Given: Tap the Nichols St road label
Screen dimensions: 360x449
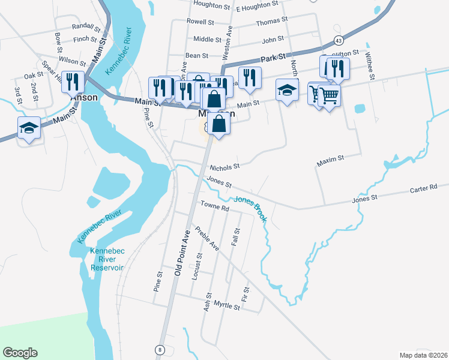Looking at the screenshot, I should coord(224,166).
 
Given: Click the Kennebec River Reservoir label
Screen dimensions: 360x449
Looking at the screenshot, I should coord(106,259).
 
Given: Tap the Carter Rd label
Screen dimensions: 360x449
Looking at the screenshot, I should coord(424,188).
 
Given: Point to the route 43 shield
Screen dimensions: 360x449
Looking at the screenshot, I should coord(339,40).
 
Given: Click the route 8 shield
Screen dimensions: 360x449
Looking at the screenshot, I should coord(160,349).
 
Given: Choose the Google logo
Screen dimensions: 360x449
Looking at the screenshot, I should coord(20,353).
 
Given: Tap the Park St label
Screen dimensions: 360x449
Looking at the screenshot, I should coord(271,59).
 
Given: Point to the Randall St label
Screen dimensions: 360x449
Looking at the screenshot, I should coord(86,26).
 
